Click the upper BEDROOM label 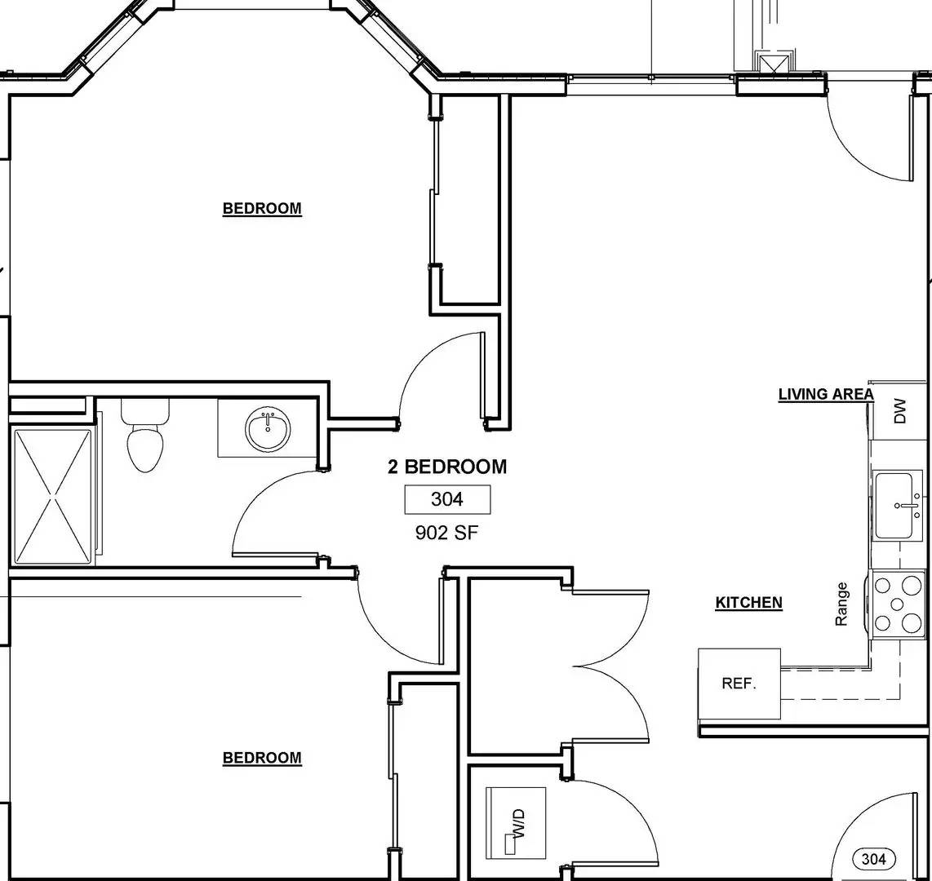point(262,209)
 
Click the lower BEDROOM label point(262,758)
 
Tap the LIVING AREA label point(825,395)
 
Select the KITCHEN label point(748,603)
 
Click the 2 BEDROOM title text point(446,467)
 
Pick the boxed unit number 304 point(447,499)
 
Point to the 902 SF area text point(446,533)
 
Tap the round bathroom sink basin point(268,430)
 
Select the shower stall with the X point(53,496)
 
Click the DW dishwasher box point(900,410)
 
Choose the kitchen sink point(899,506)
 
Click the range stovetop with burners point(898,604)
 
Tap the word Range point(842,604)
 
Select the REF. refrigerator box point(739,684)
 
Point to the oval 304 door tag point(873,858)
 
